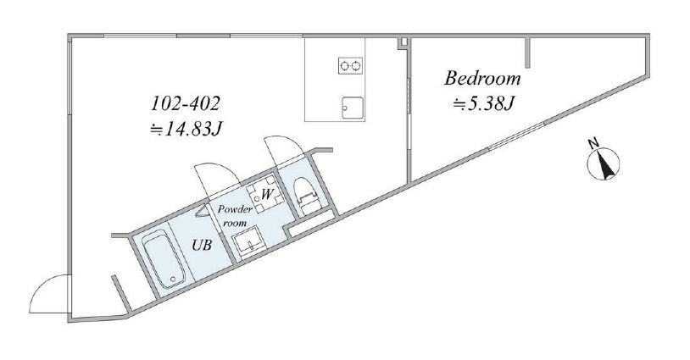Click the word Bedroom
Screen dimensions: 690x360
click(482, 79)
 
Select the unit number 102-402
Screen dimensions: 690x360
click(185, 103)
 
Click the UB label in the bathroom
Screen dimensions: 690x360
click(202, 245)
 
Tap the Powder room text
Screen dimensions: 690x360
click(236, 216)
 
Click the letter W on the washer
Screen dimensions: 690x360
click(267, 194)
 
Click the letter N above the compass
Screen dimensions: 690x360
click(593, 143)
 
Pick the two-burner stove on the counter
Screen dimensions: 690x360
click(350, 66)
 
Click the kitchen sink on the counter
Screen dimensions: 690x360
click(353, 108)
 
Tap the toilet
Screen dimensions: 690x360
click(306, 195)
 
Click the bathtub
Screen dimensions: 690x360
click(164, 260)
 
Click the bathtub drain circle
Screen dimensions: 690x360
click(174, 279)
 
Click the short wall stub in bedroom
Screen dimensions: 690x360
click(528, 53)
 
